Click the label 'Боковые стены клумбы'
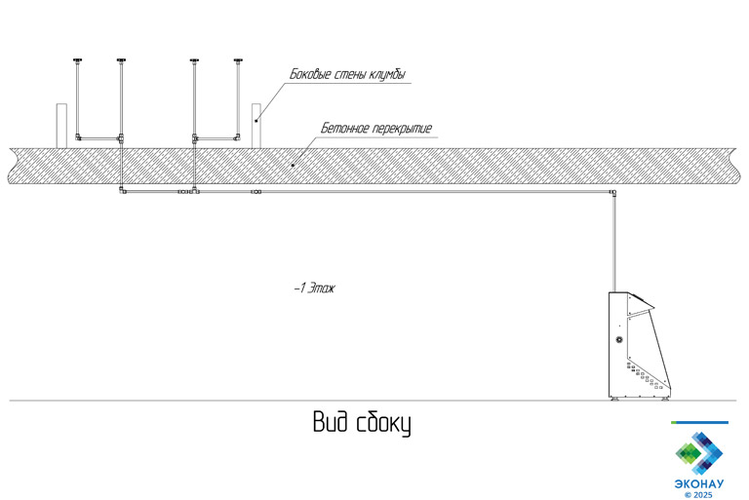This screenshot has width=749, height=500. click(348, 75)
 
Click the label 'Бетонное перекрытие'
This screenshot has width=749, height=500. click(375, 129)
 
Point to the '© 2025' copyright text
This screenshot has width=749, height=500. click(699, 494)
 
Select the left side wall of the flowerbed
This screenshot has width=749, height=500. click(60, 125)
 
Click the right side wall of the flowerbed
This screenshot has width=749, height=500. click(256, 125)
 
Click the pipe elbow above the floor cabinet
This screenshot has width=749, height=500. click(613, 195)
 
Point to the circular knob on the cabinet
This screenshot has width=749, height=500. click(618, 339)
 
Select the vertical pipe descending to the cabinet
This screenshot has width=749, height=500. click(613, 244)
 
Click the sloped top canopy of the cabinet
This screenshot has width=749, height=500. click(641, 301)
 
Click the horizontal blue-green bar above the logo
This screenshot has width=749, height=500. click(699, 422)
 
